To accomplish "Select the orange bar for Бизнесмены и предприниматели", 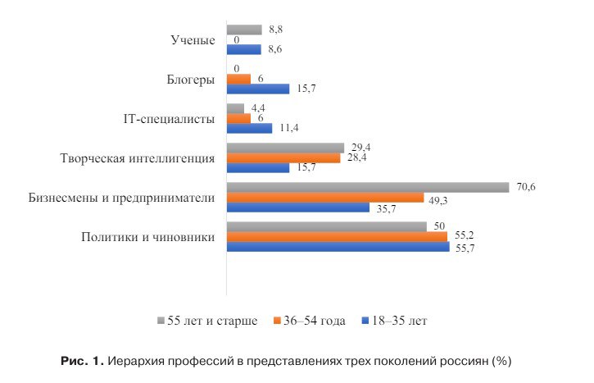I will [x=324, y=198].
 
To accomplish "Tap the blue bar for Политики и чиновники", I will [x=338, y=246].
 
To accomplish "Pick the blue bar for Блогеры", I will [x=257, y=89].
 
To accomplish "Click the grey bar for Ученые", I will [x=243, y=30].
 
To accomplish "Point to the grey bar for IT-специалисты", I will [x=235, y=108].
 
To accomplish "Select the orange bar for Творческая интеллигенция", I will [x=283, y=157].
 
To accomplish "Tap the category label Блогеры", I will [x=190, y=80].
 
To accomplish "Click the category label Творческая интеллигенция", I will [x=138, y=158].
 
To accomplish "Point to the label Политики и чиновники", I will [x=148, y=237].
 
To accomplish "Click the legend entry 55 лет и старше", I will [x=211, y=320].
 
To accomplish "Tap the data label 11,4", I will [x=288, y=129].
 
